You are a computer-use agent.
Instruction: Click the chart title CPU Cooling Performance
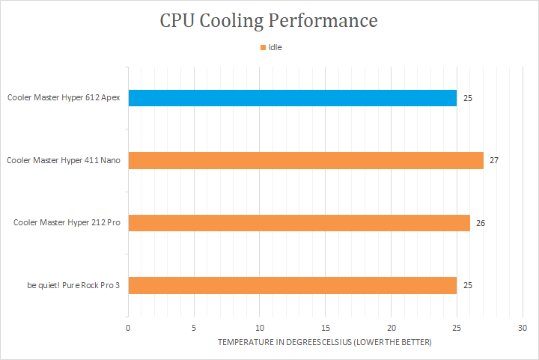pyautogui.click(x=269, y=20)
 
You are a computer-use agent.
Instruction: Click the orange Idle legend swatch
pyautogui.click(x=263, y=47)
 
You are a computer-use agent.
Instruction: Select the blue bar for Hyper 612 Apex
pyautogui.click(x=292, y=98)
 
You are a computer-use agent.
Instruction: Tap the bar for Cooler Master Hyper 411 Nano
pyautogui.click(x=305, y=160)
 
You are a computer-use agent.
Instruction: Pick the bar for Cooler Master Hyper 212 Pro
pyautogui.click(x=299, y=223)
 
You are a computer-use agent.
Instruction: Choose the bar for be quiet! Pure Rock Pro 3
pyautogui.click(x=292, y=285)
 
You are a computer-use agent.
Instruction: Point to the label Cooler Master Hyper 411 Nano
pyautogui.click(x=64, y=160)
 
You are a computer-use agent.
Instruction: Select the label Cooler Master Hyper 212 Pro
pyautogui.click(x=67, y=223)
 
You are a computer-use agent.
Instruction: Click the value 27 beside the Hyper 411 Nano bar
pyautogui.click(x=494, y=160)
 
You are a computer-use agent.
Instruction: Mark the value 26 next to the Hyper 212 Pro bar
pyautogui.click(x=481, y=223)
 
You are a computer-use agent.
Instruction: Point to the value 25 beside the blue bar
pyautogui.click(x=467, y=98)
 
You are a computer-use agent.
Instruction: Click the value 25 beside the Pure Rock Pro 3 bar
pyautogui.click(x=467, y=285)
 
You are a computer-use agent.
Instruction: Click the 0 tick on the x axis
pyautogui.click(x=128, y=328)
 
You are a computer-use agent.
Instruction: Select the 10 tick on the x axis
pyautogui.click(x=260, y=328)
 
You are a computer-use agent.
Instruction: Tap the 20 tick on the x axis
pyautogui.click(x=392, y=328)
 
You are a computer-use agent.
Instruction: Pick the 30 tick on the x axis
pyautogui.click(x=523, y=328)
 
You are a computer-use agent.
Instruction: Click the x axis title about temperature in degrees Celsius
pyautogui.click(x=325, y=342)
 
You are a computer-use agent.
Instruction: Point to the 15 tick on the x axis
pyautogui.click(x=326, y=328)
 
